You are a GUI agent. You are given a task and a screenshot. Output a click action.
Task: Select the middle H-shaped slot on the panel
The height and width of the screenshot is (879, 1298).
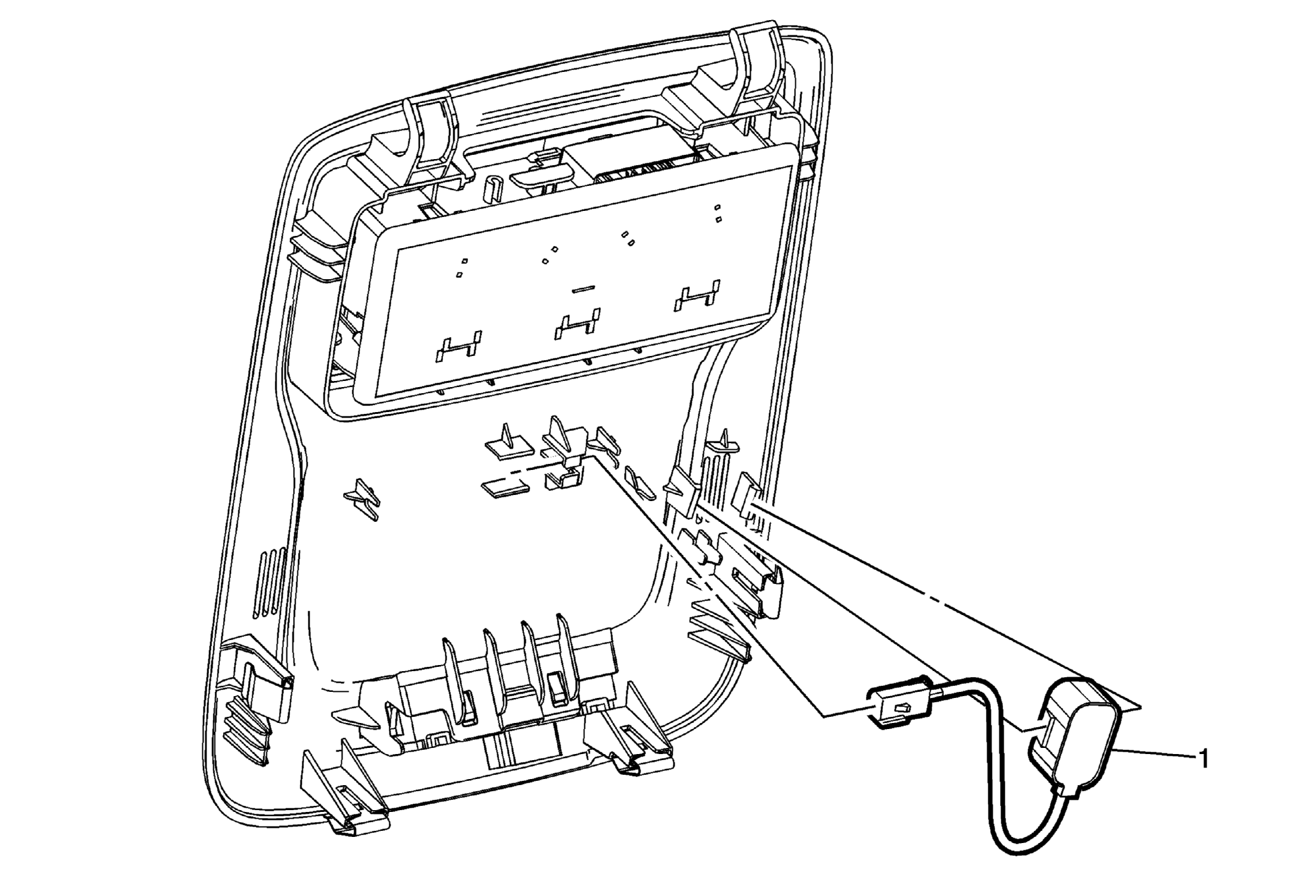pos(576,324)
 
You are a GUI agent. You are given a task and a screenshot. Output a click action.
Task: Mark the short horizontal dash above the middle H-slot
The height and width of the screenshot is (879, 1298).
pos(584,288)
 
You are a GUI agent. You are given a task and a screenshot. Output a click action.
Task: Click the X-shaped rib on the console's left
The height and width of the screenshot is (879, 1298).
pos(362,499)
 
